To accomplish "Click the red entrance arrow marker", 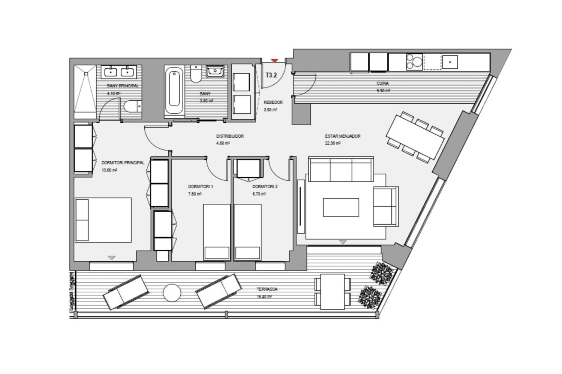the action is tap(274, 60).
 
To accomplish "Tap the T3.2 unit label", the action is tap(271, 75).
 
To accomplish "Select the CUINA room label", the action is tap(383, 84).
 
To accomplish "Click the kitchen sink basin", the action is tap(450, 62).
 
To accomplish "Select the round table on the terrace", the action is tap(172, 293).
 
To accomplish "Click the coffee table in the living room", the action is tap(341, 207).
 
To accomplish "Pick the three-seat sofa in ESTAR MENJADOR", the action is tap(341, 169).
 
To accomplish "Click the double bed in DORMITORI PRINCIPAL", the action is tap(103, 220).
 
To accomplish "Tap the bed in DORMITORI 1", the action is tap(217, 232).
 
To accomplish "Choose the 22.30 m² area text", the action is tap(333, 143).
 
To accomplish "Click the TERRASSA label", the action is tap(267, 289).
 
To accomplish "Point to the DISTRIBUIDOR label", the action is tap(230, 136).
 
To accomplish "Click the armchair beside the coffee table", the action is tap(386, 207).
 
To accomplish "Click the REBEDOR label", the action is tap(273, 103).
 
